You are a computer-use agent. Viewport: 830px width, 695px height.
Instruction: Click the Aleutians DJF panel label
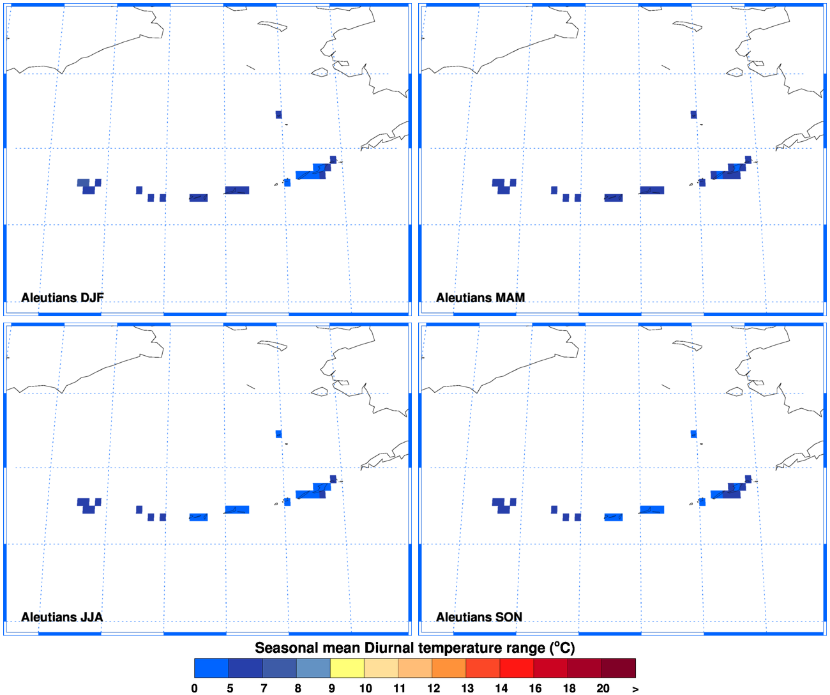point(62,298)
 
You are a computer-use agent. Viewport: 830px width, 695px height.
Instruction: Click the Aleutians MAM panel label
point(480,298)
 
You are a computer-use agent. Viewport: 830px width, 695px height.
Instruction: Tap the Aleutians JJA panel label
point(61,617)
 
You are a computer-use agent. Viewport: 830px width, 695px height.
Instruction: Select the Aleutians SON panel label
point(479,617)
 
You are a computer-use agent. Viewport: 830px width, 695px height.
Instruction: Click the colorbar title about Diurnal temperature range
point(415,648)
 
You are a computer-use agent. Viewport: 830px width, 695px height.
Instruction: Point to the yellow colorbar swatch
point(347,668)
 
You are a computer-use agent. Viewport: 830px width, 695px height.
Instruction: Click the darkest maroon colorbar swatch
point(618,668)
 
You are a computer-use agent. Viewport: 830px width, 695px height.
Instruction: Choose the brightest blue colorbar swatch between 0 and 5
point(211,668)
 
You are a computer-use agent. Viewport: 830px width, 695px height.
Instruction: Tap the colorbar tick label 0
point(195,689)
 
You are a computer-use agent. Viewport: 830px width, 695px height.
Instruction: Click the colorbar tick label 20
point(603,689)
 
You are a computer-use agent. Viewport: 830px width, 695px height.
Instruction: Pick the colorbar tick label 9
point(331,689)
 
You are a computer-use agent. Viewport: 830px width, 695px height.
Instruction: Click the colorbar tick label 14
point(501,689)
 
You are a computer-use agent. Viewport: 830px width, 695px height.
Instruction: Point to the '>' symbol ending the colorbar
point(635,689)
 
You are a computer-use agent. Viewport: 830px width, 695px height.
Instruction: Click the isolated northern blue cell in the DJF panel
point(278,115)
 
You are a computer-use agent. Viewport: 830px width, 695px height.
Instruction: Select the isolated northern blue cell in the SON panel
point(693,434)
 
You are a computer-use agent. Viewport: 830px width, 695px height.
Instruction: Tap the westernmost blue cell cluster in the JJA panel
point(89,505)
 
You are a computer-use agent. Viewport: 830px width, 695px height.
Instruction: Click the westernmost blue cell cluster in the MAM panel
point(504,186)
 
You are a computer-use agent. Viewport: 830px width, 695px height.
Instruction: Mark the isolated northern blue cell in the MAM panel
point(693,115)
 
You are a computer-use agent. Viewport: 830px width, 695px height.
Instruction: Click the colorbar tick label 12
point(434,689)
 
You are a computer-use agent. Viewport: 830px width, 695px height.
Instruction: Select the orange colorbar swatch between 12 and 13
point(449,668)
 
